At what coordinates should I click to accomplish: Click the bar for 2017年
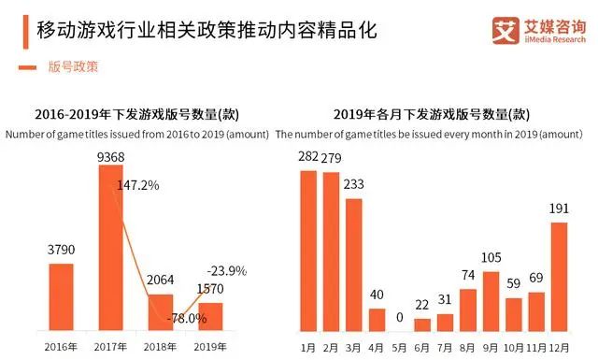tap(111, 247)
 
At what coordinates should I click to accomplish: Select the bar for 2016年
tap(61, 296)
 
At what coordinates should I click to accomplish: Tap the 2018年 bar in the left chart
tap(161, 311)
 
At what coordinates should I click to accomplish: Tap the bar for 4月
tap(377, 320)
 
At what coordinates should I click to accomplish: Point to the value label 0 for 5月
tap(400, 318)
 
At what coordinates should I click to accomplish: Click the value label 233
tap(354, 185)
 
